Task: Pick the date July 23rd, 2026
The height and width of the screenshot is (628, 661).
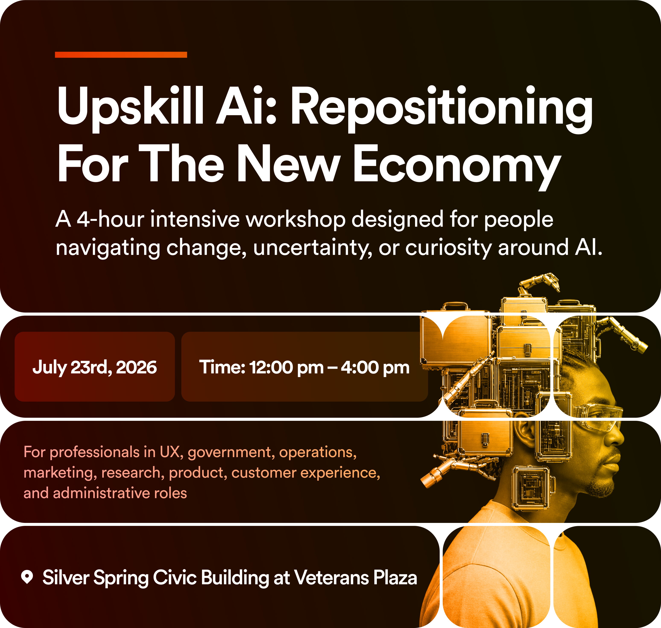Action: coord(95,367)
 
